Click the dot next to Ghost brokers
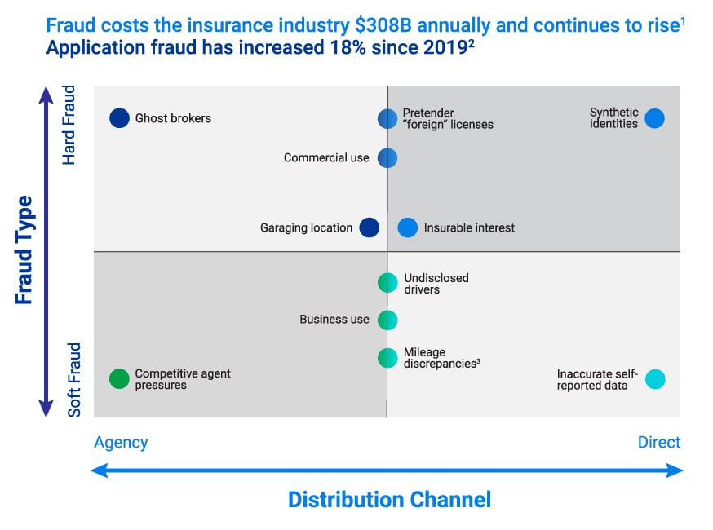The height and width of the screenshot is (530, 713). pos(120,118)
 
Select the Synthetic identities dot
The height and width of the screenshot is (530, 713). pos(654,118)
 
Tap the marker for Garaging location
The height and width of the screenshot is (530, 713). pos(370,227)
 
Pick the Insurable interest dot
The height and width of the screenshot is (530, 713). pos(408,227)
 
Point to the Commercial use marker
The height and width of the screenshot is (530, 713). pos(387,157)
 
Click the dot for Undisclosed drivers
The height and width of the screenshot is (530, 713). pos(387,283)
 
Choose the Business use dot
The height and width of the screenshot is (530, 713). pos(387,320)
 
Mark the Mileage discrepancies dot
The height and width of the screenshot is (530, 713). pos(387,357)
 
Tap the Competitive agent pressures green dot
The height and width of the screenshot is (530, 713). pos(120,378)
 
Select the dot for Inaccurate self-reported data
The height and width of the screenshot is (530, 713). pos(655,379)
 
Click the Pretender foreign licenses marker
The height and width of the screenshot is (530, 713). pos(387,119)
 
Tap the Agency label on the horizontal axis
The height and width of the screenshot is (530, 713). pos(121,443)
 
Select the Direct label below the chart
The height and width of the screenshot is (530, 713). pos(658,443)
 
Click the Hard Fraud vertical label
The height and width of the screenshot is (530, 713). pos(69,125)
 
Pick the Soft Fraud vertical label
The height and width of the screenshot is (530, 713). pos(74,380)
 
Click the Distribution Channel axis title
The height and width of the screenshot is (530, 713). pos(389,500)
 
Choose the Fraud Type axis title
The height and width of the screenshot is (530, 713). pos(24,250)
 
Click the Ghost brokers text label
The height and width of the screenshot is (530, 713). pos(173,118)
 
